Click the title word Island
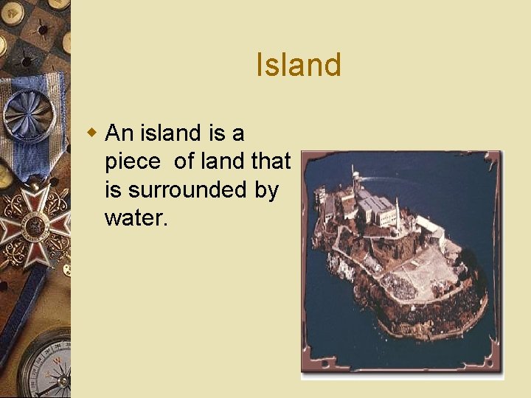[x=299, y=65]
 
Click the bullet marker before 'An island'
[x=92, y=133]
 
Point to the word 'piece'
[x=132, y=161]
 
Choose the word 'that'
[x=271, y=161]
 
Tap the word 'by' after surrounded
[x=266, y=191]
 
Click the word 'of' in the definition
[x=184, y=161]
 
